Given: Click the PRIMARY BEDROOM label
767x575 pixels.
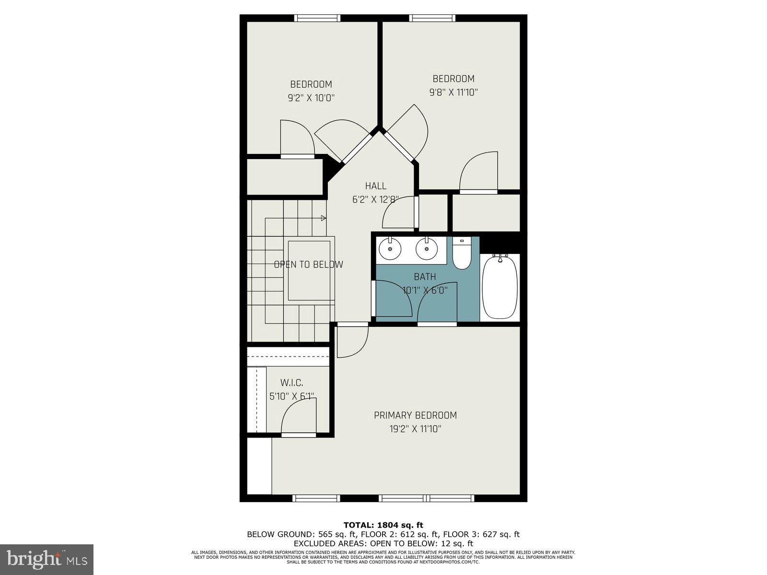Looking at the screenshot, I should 415,415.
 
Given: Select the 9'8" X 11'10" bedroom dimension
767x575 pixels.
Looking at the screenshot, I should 453,92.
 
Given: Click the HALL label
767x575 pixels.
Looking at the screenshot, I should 375,186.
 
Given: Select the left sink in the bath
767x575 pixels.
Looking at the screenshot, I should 390,249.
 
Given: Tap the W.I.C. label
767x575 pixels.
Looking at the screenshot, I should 291,383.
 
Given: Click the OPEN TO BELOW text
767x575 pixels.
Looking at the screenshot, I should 308,264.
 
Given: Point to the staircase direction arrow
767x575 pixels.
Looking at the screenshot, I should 324,218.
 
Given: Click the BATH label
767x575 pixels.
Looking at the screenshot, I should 425,277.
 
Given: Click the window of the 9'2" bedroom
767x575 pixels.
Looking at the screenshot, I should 317,18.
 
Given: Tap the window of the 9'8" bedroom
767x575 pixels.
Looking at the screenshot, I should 432,18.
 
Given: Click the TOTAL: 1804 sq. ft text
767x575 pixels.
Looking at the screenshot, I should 383,525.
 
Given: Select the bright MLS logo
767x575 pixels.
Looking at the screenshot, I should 47,559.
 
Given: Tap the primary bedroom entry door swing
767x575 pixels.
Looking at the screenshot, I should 351,342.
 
